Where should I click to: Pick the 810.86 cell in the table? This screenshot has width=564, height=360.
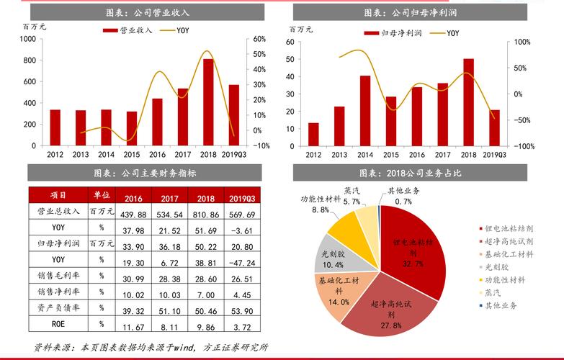(x=206, y=215)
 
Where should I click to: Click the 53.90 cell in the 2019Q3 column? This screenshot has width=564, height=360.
(x=243, y=310)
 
